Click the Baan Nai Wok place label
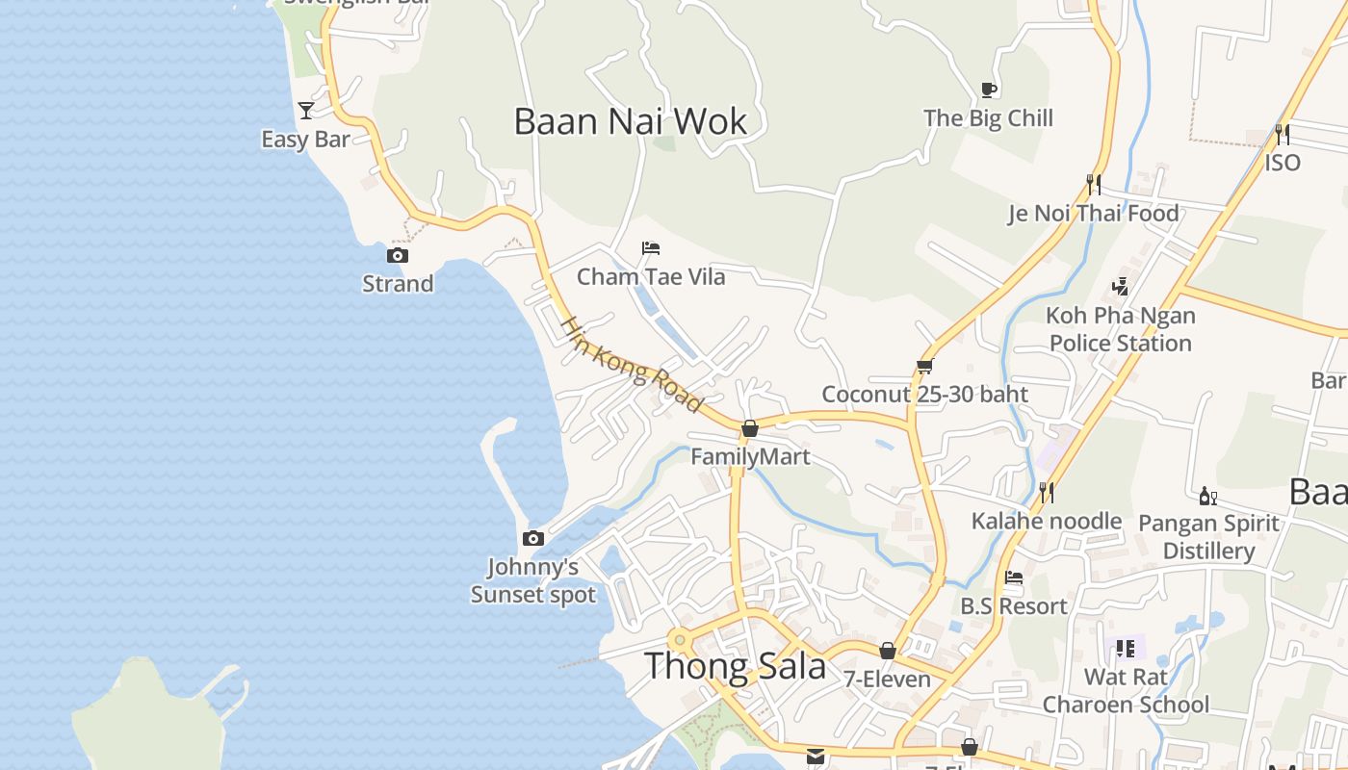pyautogui.click(x=631, y=122)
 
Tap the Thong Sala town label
pyautogui.click(x=735, y=666)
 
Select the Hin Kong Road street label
pyautogui.click(x=632, y=365)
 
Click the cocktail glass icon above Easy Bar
pyautogui.click(x=306, y=111)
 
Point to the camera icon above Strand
pyautogui.click(x=397, y=255)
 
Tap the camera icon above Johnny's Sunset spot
pyautogui.click(x=532, y=539)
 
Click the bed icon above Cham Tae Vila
pyautogui.click(x=651, y=248)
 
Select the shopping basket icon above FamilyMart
pyautogui.click(x=750, y=428)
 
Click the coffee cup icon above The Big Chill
pyautogui.click(x=988, y=90)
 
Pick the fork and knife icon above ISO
pyautogui.click(x=1282, y=134)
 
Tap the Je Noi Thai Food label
pyautogui.click(x=1093, y=214)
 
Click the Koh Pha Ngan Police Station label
pyautogui.click(x=1121, y=329)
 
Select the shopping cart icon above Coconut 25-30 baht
pyautogui.click(x=925, y=366)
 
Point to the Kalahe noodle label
pyautogui.click(x=1047, y=522)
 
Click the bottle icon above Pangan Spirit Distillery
pyautogui.click(x=1207, y=497)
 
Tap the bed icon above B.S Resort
pyautogui.click(x=1014, y=578)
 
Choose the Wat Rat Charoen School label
pyautogui.click(x=1126, y=691)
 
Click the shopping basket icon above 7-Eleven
pyautogui.click(x=888, y=652)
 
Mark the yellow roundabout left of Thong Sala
pyautogui.click(x=681, y=638)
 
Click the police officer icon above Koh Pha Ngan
pyautogui.click(x=1120, y=286)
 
